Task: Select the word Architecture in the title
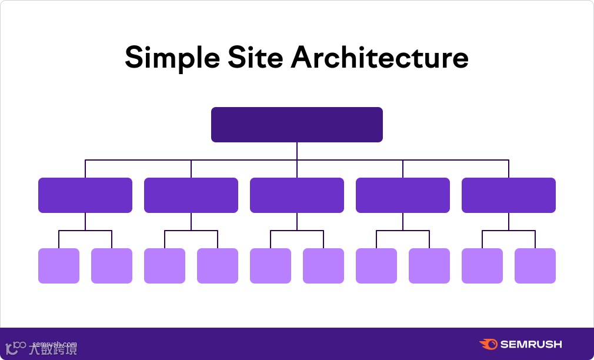(380, 57)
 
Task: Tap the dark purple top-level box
(297, 124)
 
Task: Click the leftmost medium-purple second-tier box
(85, 195)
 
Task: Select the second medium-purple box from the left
(191, 195)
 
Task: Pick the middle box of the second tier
(297, 195)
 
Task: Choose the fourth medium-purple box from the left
(403, 195)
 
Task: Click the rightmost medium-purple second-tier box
(509, 195)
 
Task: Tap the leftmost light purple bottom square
(59, 266)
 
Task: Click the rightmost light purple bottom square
(535, 266)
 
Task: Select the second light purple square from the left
(112, 266)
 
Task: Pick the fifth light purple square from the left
(271, 266)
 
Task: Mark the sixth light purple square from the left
(323, 266)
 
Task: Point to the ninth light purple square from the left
(482, 266)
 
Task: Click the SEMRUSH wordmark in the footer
(531, 344)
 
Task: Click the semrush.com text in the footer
(55, 344)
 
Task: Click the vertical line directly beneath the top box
(297, 151)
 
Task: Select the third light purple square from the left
(165, 266)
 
